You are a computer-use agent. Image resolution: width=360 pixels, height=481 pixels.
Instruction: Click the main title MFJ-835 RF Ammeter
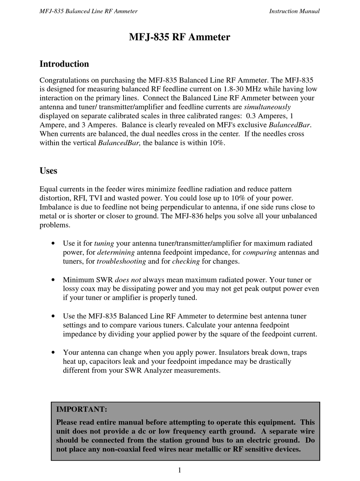(179, 37)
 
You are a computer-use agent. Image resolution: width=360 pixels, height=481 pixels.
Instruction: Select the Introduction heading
(64, 64)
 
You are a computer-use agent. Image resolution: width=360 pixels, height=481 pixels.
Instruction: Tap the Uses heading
(48, 171)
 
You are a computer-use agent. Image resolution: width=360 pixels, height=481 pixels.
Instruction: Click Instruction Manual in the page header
(294, 11)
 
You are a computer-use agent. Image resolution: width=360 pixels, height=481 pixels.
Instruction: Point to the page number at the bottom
(180, 470)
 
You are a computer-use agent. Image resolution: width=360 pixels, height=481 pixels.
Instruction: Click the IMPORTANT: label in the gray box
(81, 409)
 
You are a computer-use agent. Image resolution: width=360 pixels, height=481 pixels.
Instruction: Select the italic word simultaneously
(267, 107)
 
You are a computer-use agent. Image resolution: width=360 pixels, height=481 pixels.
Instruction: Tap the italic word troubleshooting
(121, 261)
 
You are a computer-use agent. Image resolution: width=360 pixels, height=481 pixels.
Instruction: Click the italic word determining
(116, 252)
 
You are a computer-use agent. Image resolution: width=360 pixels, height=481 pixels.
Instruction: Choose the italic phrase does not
(128, 280)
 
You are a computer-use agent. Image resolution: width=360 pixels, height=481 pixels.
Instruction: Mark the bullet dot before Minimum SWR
(53, 280)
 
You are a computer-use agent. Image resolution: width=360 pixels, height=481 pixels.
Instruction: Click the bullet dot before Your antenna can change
(53, 353)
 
